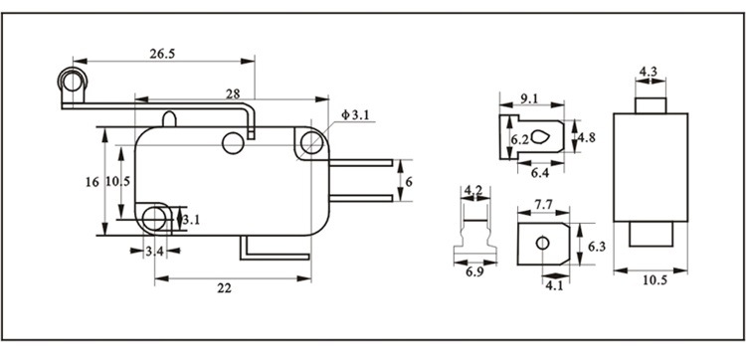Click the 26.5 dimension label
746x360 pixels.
point(162,54)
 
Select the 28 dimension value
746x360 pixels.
point(233,93)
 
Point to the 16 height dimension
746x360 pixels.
point(93,182)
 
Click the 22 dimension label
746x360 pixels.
point(224,288)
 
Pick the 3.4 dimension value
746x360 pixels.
point(154,251)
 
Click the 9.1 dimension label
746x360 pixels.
point(529,98)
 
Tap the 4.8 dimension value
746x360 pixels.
point(586,137)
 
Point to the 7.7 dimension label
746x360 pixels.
point(543,205)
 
